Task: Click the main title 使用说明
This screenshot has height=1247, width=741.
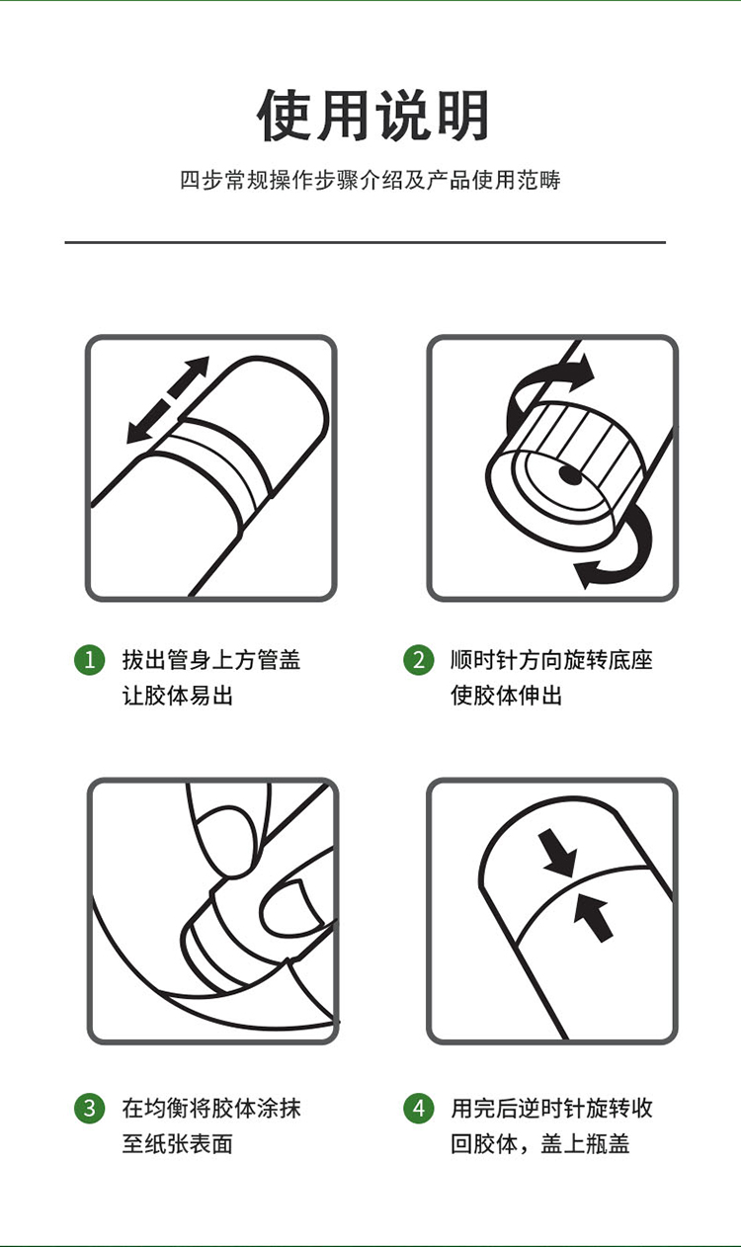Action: tap(372, 116)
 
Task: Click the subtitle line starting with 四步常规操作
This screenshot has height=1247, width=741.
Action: tap(370, 180)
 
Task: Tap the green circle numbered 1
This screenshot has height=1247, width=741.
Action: tap(90, 660)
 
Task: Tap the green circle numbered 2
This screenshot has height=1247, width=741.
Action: tap(419, 660)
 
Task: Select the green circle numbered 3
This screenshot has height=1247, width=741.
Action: tap(90, 1108)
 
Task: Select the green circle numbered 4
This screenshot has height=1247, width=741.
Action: tap(419, 1108)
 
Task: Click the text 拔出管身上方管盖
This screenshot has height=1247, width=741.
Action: tap(211, 660)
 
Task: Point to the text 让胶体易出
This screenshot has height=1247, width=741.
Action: tap(178, 696)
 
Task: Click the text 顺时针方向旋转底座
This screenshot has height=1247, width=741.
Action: tap(551, 660)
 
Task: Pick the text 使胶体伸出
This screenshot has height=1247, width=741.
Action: tap(506, 696)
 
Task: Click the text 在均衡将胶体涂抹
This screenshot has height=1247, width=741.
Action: tap(211, 1108)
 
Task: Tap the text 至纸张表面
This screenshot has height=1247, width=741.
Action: tap(178, 1144)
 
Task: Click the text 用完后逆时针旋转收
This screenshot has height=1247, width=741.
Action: tap(551, 1108)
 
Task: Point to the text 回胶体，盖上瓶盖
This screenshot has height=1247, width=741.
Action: tap(540, 1144)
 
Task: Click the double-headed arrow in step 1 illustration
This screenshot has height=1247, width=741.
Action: tap(168, 400)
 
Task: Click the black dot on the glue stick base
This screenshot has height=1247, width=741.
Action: tap(569, 475)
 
